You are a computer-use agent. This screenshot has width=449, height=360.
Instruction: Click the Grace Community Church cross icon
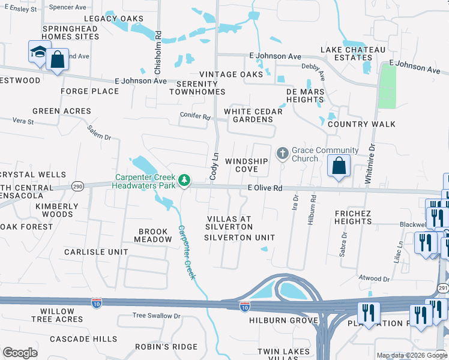[283, 154]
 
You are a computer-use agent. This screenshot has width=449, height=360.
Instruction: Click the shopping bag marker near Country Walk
[339, 166]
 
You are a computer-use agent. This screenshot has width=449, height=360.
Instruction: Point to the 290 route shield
[77, 187]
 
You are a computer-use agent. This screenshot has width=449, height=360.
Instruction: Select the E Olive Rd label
[265, 188]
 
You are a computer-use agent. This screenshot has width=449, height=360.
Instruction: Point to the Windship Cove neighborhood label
[246, 166]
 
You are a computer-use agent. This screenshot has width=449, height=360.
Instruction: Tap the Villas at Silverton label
[229, 223]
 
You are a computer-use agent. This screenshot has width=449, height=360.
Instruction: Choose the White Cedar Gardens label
[249, 115]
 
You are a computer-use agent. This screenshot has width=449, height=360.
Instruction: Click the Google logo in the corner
[19, 353]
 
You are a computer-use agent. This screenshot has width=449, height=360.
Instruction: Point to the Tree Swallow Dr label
[156, 316]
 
